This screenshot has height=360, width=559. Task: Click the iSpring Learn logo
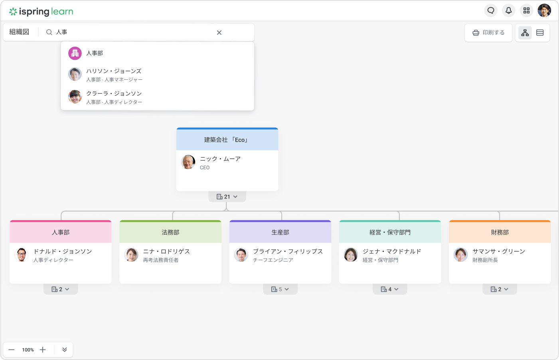[41, 12]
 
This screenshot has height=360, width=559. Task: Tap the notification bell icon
[509, 10]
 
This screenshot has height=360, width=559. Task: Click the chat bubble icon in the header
[491, 10]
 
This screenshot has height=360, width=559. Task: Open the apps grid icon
[527, 10]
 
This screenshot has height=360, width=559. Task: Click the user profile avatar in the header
[544, 10]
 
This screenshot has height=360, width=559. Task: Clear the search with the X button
[219, 33]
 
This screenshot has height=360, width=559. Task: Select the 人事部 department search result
[95, 53]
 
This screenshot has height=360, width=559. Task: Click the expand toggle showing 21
[227, 197]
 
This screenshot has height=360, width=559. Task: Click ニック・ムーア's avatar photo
[188, 162]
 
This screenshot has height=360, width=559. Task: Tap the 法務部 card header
[170, 232]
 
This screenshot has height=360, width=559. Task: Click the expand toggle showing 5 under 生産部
[280, 289]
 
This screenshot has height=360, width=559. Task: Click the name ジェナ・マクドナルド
[392, 251]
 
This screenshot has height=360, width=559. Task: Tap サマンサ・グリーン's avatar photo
[461, 255]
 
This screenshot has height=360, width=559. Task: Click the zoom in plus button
[43, 350]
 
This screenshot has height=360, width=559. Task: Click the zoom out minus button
[12, 350]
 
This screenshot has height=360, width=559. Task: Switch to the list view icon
[540, 33]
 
